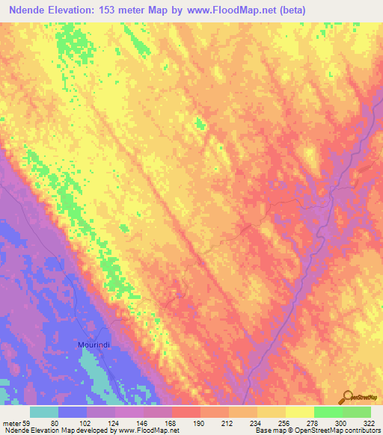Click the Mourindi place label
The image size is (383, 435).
pos(95,345)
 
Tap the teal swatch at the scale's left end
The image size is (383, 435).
pos(45,412)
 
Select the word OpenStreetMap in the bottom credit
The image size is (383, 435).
pos(322,430)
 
